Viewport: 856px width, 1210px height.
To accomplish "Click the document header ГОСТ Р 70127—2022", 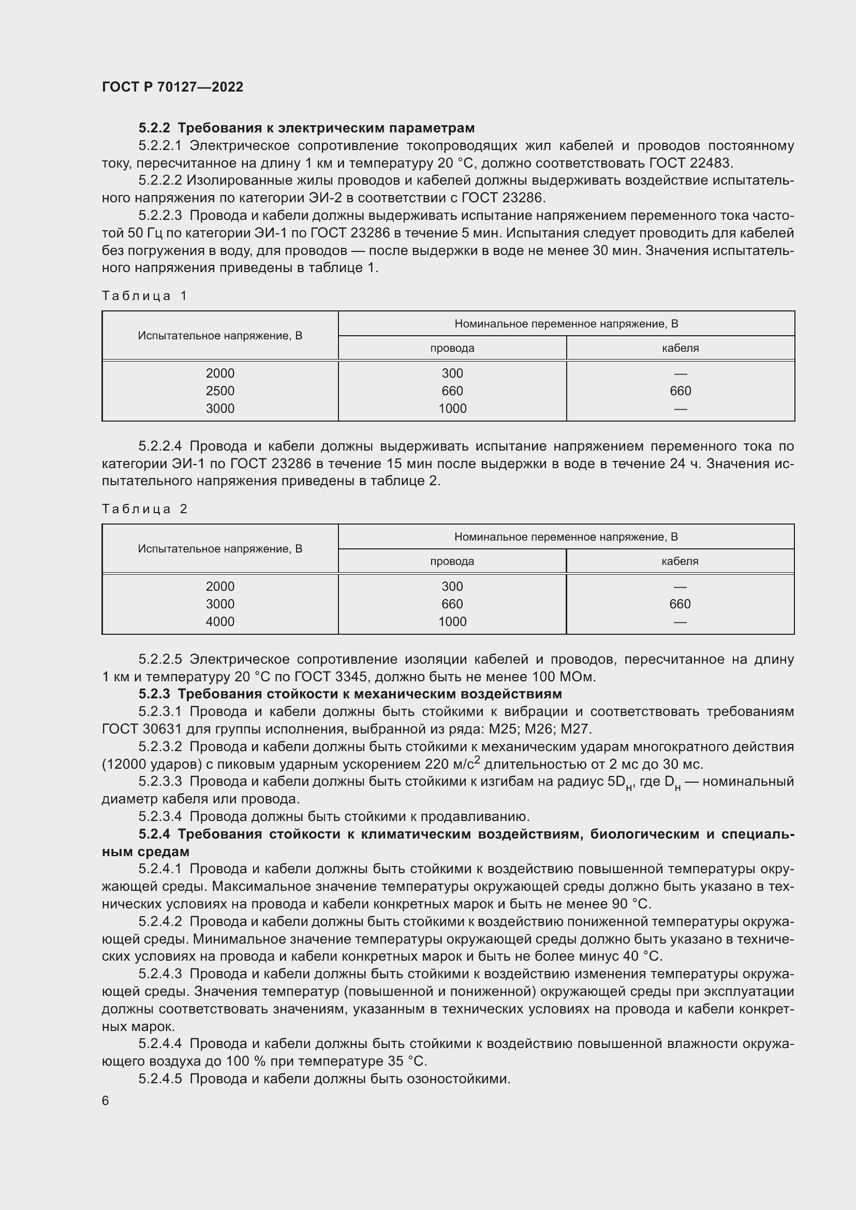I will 172,87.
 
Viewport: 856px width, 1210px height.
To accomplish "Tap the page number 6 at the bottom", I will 106,1100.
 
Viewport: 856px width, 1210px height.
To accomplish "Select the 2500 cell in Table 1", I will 220,391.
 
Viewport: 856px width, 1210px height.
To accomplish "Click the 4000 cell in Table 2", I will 220,621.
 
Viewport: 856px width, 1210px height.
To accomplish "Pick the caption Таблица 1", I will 144,296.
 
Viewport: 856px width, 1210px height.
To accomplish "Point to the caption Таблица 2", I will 144,509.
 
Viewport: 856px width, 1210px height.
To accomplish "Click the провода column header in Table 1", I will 452,348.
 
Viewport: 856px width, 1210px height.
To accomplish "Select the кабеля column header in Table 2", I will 680,561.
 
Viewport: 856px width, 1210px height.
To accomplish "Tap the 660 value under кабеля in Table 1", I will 680,391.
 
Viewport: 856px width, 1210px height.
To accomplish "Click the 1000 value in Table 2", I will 452,621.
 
